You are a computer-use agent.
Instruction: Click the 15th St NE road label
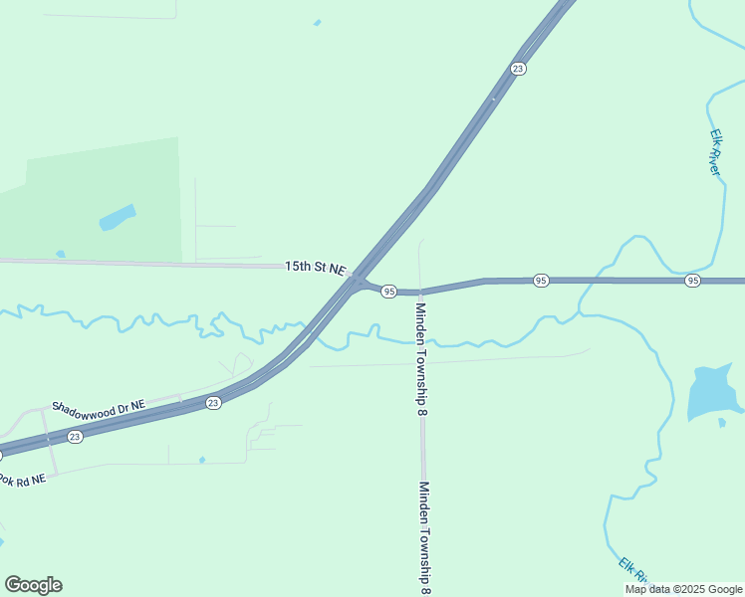(315, 268)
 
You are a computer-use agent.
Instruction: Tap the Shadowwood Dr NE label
(99, 406)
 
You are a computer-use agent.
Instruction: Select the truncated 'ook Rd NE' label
(23, 480)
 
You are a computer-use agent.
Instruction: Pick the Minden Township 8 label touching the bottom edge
(424, 537)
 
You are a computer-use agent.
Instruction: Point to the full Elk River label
(714, 151)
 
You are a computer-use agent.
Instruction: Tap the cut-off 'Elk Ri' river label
(633, 570)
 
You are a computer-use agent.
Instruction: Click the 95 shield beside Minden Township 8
(389, 292)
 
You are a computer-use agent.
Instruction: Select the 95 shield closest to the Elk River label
(692, 282)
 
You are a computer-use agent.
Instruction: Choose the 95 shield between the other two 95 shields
(540, 281)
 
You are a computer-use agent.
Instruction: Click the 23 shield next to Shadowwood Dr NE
(213, 403)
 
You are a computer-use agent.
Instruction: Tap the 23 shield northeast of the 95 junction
(517, 69)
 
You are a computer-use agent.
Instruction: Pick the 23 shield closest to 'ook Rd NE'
(75, 437)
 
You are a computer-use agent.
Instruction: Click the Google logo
(33, 585)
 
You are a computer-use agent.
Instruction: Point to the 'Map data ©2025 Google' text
(683, 589)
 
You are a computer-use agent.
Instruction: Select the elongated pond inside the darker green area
(117, 217)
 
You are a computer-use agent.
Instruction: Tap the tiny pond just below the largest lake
(722, 423)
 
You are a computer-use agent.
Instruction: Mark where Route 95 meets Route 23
(355, 283)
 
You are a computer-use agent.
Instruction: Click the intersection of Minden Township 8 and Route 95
(421, 293)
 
